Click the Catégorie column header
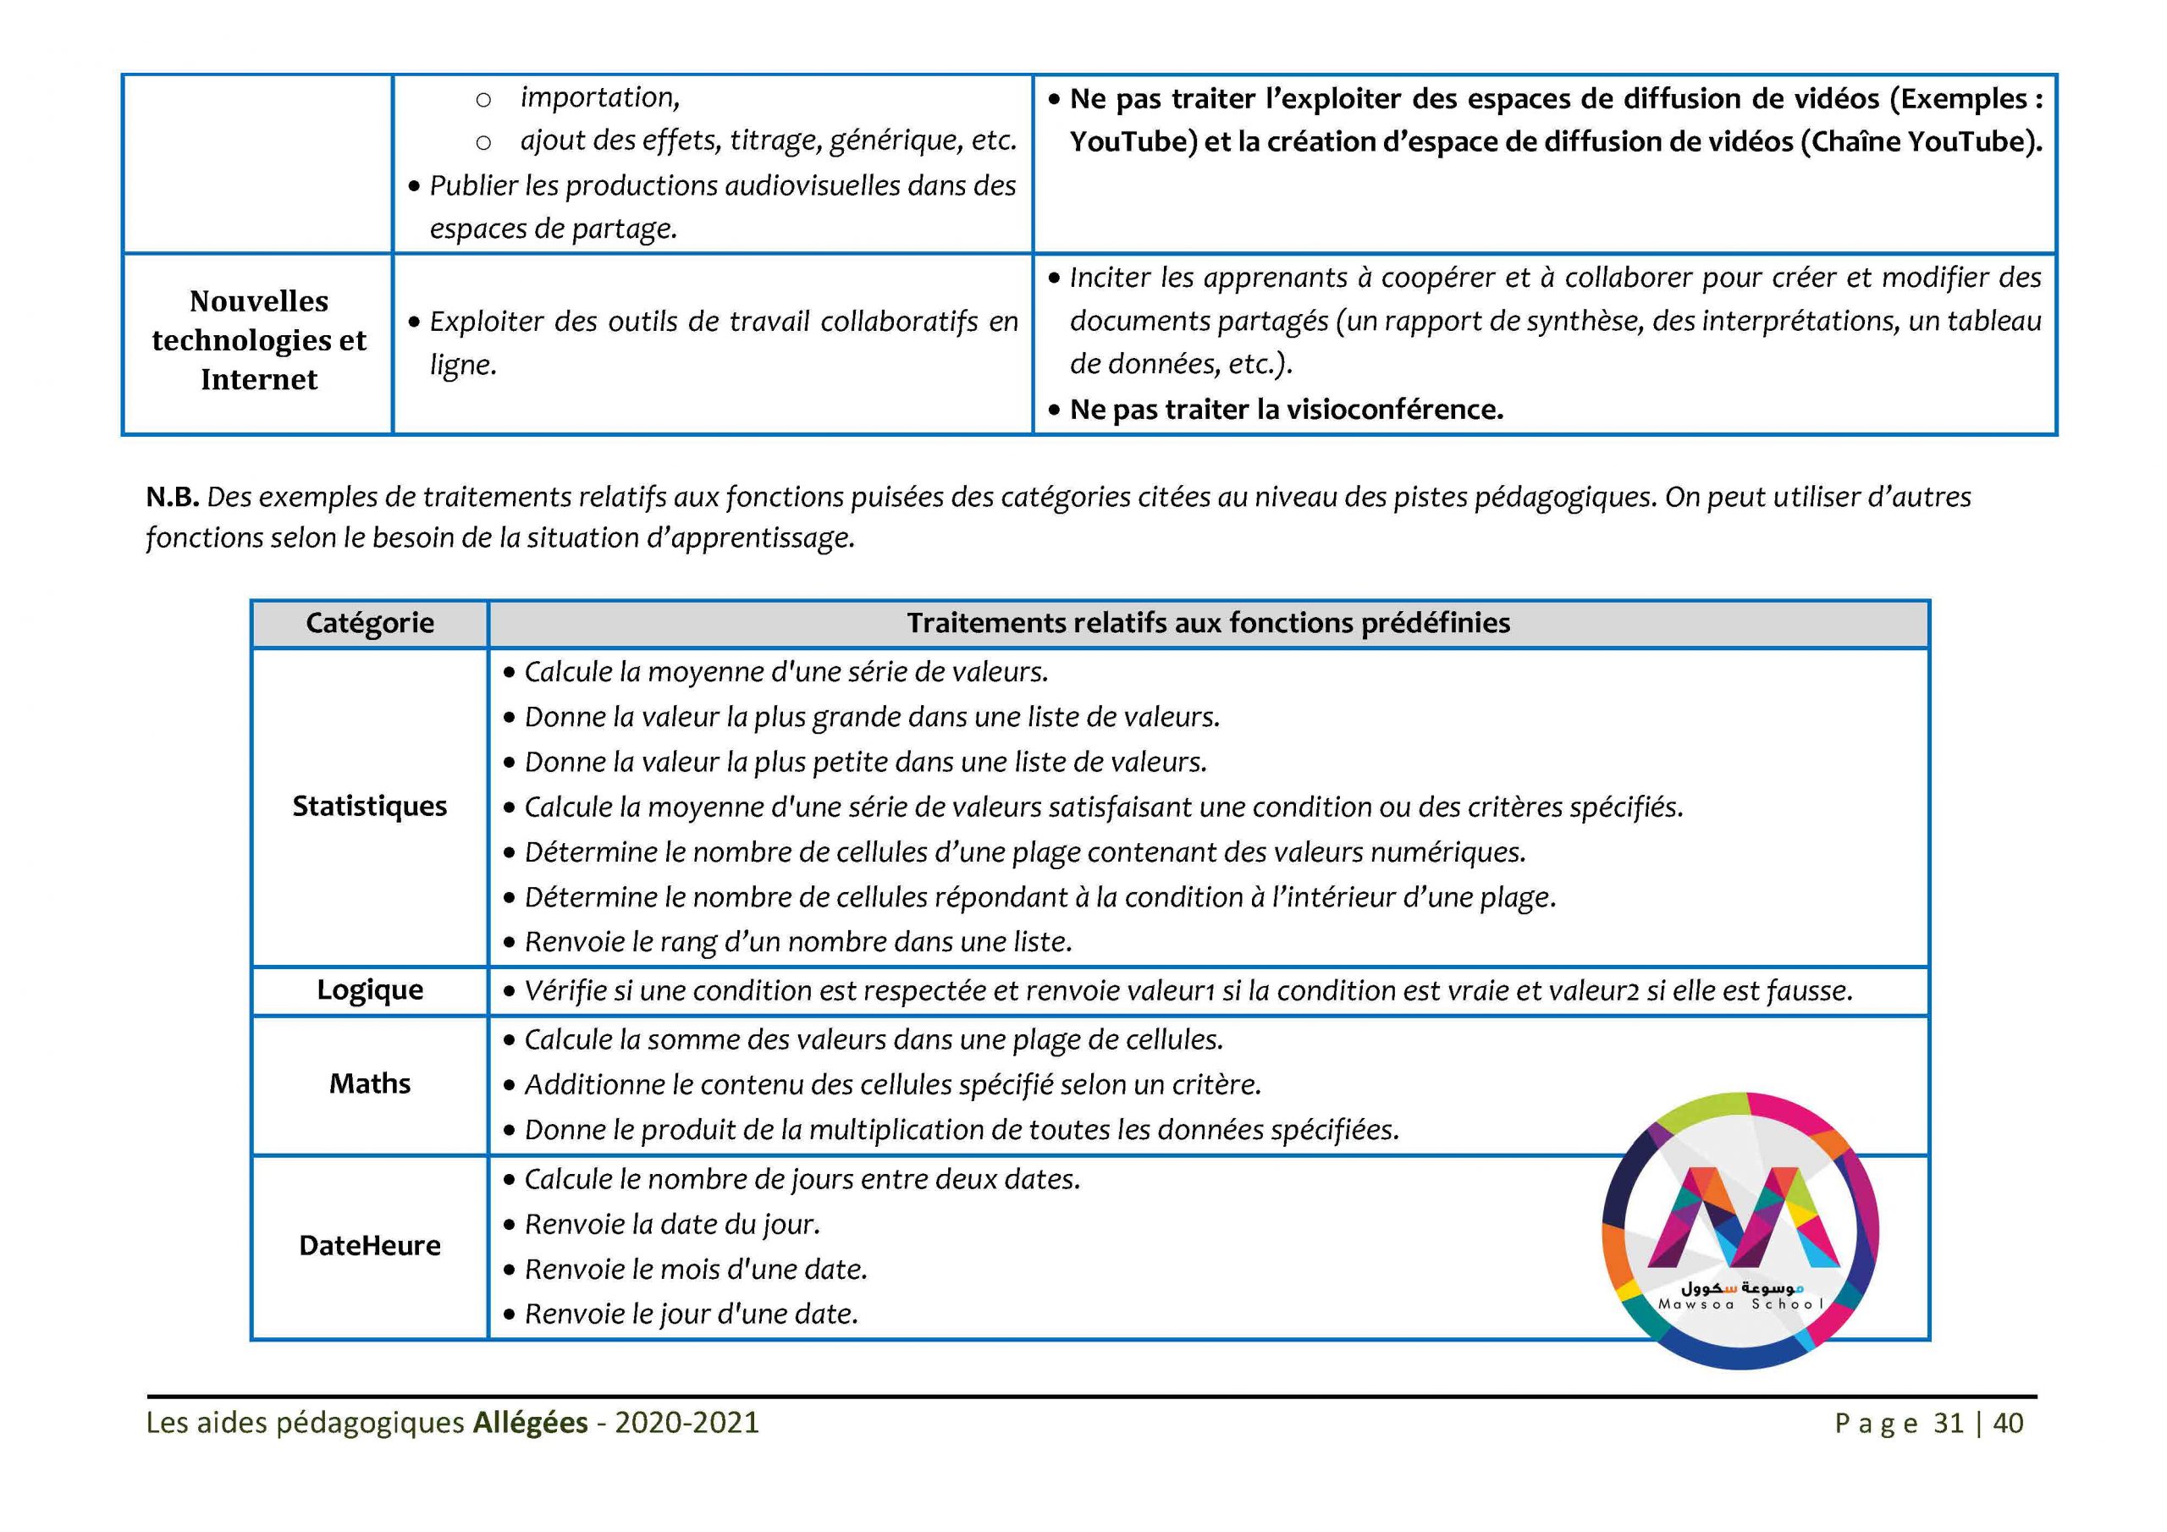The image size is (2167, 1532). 369,623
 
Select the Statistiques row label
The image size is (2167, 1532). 369,806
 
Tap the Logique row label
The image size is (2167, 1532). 369,990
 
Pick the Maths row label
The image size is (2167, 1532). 369,1083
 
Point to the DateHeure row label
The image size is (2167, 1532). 369,1246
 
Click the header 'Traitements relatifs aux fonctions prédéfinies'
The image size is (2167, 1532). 1208,623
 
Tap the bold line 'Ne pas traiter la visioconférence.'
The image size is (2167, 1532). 1286,410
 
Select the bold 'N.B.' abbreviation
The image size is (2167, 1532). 172,498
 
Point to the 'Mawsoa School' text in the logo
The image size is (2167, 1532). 1740,1304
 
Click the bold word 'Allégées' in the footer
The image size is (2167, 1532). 530,1423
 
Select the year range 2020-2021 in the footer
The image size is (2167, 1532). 687,1423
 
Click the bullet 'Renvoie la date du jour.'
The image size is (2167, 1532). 672,1224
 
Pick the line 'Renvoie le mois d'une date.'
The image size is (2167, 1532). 696,1270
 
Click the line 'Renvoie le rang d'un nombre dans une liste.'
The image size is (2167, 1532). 797,942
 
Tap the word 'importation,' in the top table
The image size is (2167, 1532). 599,97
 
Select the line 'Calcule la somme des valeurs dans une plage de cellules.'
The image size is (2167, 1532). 873,1040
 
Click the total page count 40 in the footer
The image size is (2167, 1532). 2009,1424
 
